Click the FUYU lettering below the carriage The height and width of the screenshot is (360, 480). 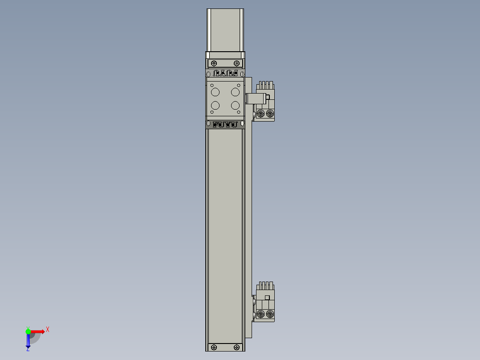click(225, 124)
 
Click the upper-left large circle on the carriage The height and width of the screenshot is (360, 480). click(215, 92)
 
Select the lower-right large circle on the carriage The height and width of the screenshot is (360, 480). click(235, 106)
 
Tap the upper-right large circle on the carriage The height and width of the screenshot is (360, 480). click(235, 92)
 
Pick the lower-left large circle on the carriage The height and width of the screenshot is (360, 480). click(215, 106)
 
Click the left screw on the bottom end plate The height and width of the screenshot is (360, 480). click(214, 347)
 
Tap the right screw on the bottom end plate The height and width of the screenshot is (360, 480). click(236, 347)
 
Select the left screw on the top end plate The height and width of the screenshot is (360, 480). click(214, 63)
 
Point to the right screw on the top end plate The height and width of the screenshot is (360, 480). click(236, 63)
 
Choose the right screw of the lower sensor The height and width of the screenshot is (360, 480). click(270, 315)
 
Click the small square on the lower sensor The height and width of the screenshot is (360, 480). click(268, 298)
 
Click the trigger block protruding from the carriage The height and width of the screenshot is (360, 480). click(252, 98)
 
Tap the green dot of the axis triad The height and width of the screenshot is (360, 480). click(28, 331)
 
